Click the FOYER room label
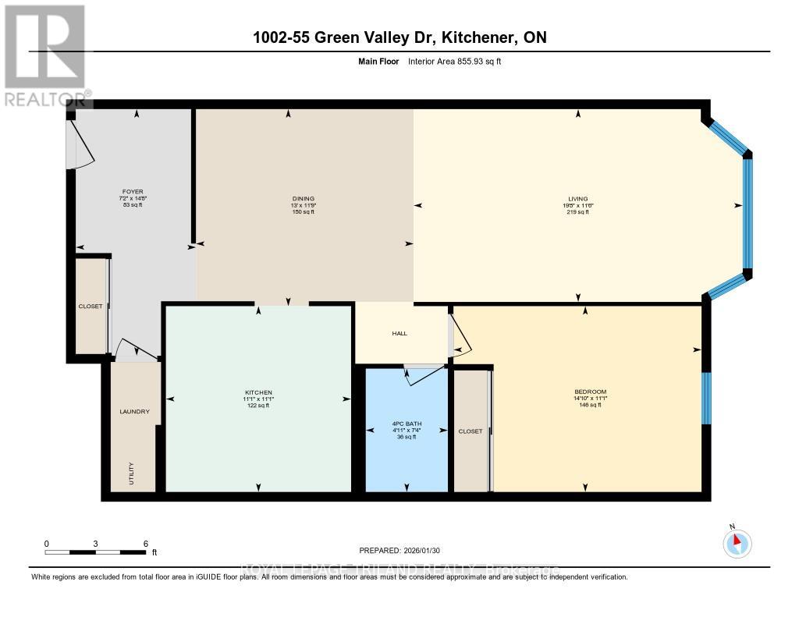(132, 192)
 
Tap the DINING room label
(297, 198)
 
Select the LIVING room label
(577, 198)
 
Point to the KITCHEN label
(258, 392)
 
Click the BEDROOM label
(590, 392)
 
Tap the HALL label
(399, 333)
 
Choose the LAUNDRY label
(134, 411)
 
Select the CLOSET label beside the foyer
(91, 306)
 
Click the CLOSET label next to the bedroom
(471, 431)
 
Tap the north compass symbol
(737, 542)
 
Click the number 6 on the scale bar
(146, 543)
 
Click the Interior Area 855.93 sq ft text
(455, 60)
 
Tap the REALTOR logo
(44, 55)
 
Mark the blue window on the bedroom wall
(706, 398)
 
